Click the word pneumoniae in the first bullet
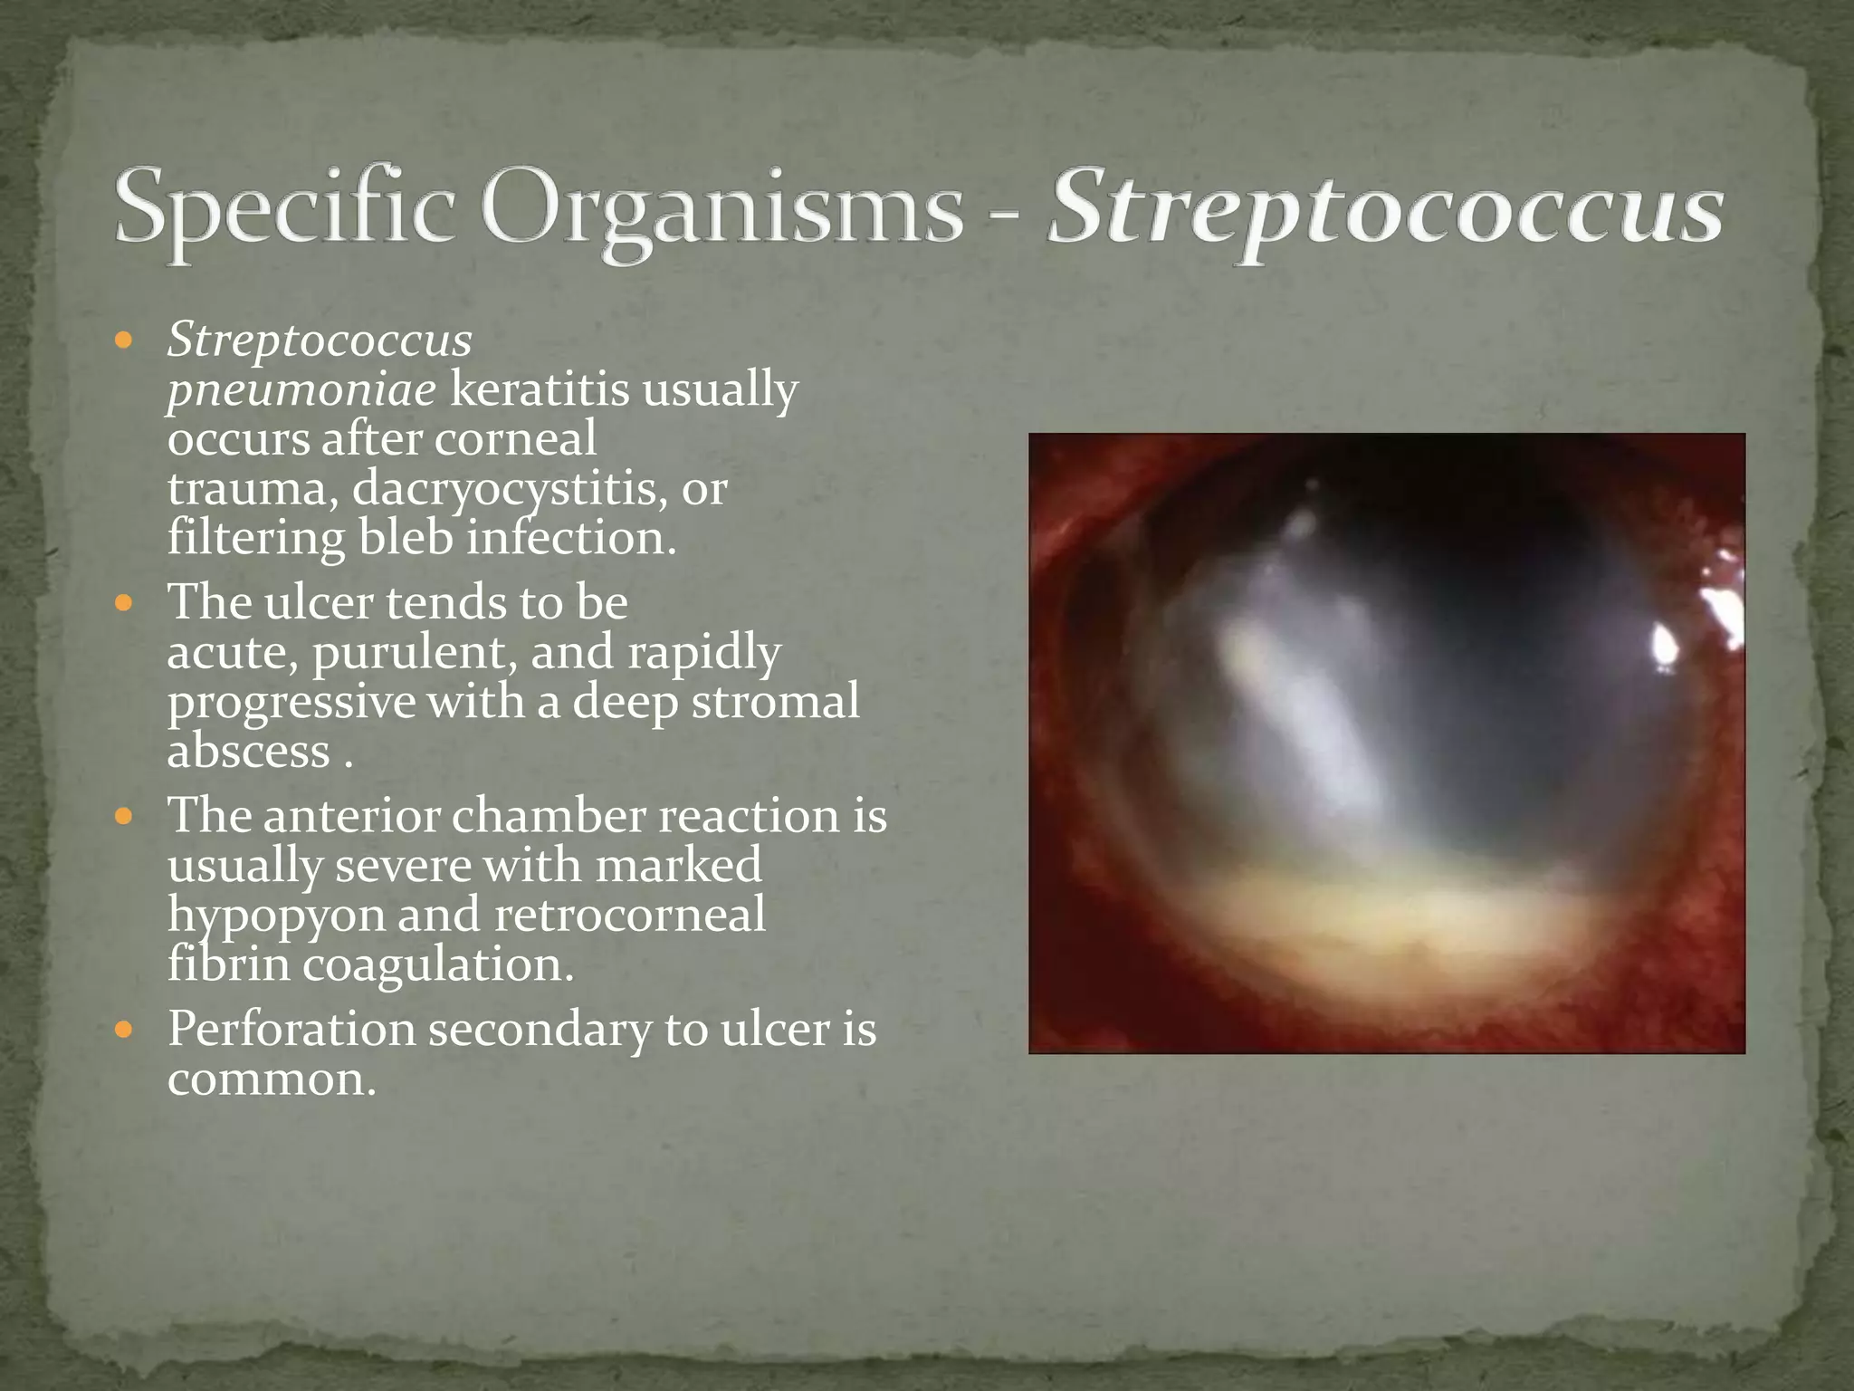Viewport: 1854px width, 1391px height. [x=301, y=391]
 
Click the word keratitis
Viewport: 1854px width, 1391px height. [x=540, y=389]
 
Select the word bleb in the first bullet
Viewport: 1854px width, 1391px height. [x=406, y=538]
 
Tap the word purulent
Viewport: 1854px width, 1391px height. [x=416, y=652]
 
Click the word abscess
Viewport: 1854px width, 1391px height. [x=249, y=751]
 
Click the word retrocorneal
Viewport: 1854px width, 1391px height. [x=630, y=915]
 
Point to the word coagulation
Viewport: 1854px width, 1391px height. [x=438, y=964]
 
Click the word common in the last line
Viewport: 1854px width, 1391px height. [x=271, y=1079]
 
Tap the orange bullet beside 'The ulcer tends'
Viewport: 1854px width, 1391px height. [x=125, y=602]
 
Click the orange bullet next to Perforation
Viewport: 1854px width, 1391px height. [x=125, y=1030]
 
